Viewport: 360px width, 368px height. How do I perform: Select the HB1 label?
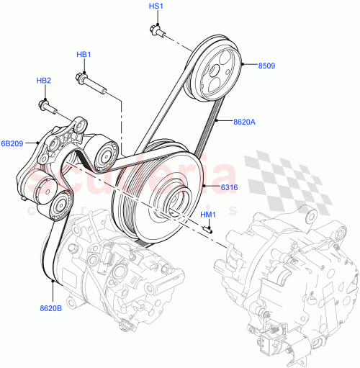click(x=84, y=55)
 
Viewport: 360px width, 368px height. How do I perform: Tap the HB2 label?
click(x=44, y=81)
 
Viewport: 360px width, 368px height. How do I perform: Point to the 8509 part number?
click(x=268, y=66)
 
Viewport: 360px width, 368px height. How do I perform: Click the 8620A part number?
click(x=244, y=122)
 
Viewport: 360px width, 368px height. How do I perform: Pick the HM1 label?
click(x=207, y=215)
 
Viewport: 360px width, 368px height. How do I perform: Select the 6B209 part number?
click(x=12, y=143)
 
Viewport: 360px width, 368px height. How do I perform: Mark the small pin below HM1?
click(x=207, y=229)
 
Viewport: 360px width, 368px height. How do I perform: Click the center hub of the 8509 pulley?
click(x=214, y=70)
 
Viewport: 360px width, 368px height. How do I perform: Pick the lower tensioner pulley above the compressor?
click(x=58, y=202)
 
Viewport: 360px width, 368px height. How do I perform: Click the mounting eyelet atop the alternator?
click(x=309, y=216)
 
